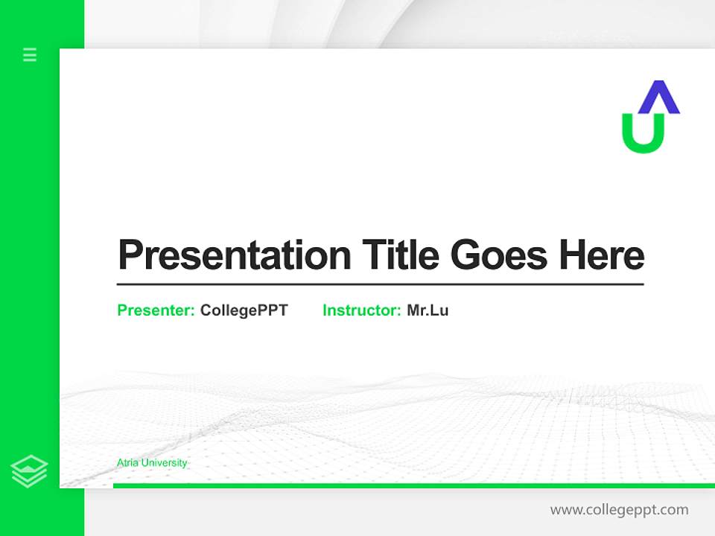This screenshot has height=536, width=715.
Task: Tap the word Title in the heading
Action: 400,255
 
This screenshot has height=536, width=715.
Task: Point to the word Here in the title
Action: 601,255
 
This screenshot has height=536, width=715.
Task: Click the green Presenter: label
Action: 156,310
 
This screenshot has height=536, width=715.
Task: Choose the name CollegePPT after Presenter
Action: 244,310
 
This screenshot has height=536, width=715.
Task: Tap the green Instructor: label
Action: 361,310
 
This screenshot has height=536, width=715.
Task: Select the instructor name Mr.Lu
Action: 428,310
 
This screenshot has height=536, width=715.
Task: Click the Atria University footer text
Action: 152,463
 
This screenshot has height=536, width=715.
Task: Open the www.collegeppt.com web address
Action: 619,510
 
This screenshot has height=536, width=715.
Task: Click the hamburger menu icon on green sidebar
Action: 30,54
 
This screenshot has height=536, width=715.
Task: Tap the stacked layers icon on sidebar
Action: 29,471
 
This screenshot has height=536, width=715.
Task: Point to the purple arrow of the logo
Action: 659,98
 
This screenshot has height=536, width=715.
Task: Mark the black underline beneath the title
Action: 380,284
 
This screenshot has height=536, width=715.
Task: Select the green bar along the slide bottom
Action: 413,485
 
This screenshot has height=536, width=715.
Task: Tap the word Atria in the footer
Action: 127,463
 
